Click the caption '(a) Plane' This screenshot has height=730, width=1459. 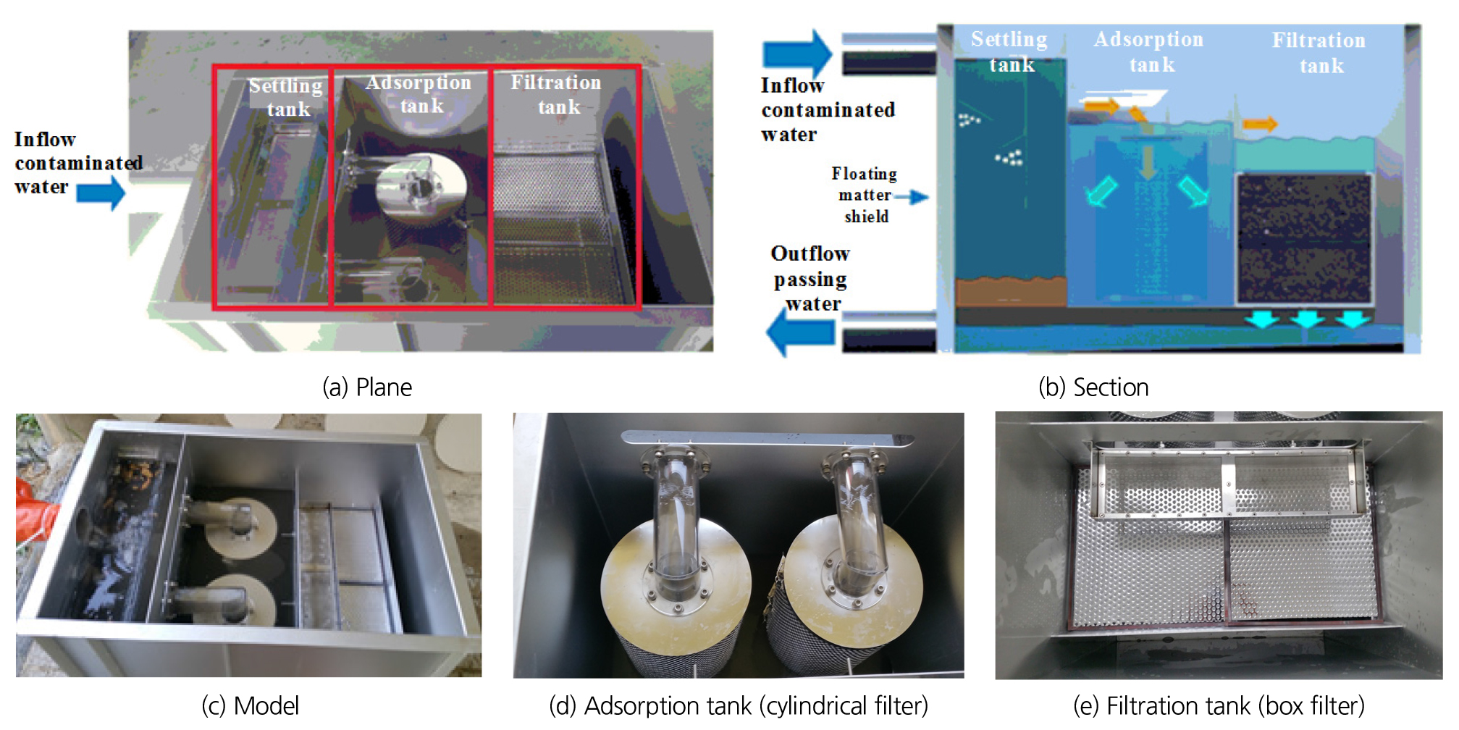[x=367, y=387]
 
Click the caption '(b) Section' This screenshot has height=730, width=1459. [x=1093, y=387]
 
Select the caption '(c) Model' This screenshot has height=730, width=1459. [x=250, y=705]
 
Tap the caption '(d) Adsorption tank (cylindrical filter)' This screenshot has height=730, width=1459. [x=738, y=705]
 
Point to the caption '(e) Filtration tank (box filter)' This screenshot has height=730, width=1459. [x=1219, y=705]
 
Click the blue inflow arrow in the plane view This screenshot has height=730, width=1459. [x=101, y=193]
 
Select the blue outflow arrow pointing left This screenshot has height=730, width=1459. [x=799, y=332]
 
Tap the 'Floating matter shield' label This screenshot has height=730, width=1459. [x=865, y=195]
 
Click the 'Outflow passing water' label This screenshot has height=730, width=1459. [x=810, y=279]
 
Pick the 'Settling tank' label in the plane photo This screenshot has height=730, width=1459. [x=286, y=97]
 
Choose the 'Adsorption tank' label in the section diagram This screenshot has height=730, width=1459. [x=1149, y=51]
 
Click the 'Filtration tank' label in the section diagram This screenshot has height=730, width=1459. [x=1319, y=52]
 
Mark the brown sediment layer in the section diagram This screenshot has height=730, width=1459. [x=1011, y=292]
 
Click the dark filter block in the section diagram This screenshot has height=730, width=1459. [x=1304, y=238]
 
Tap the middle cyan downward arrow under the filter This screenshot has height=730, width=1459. [x=1307, y=319]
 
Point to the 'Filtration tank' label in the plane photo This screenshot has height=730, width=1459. [x=556, y=94]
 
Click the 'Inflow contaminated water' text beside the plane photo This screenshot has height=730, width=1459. [x=76, y=162]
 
